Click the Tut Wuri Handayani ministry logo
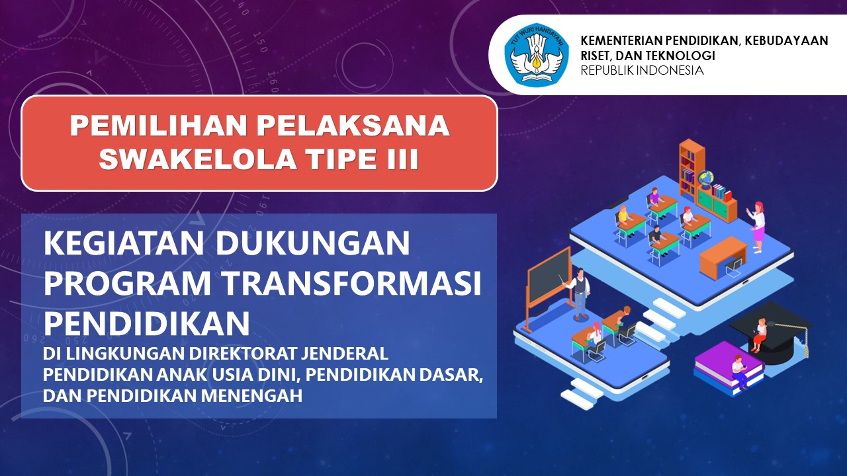537,54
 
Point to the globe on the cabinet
705,178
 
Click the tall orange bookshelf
691,167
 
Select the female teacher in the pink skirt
758,227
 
